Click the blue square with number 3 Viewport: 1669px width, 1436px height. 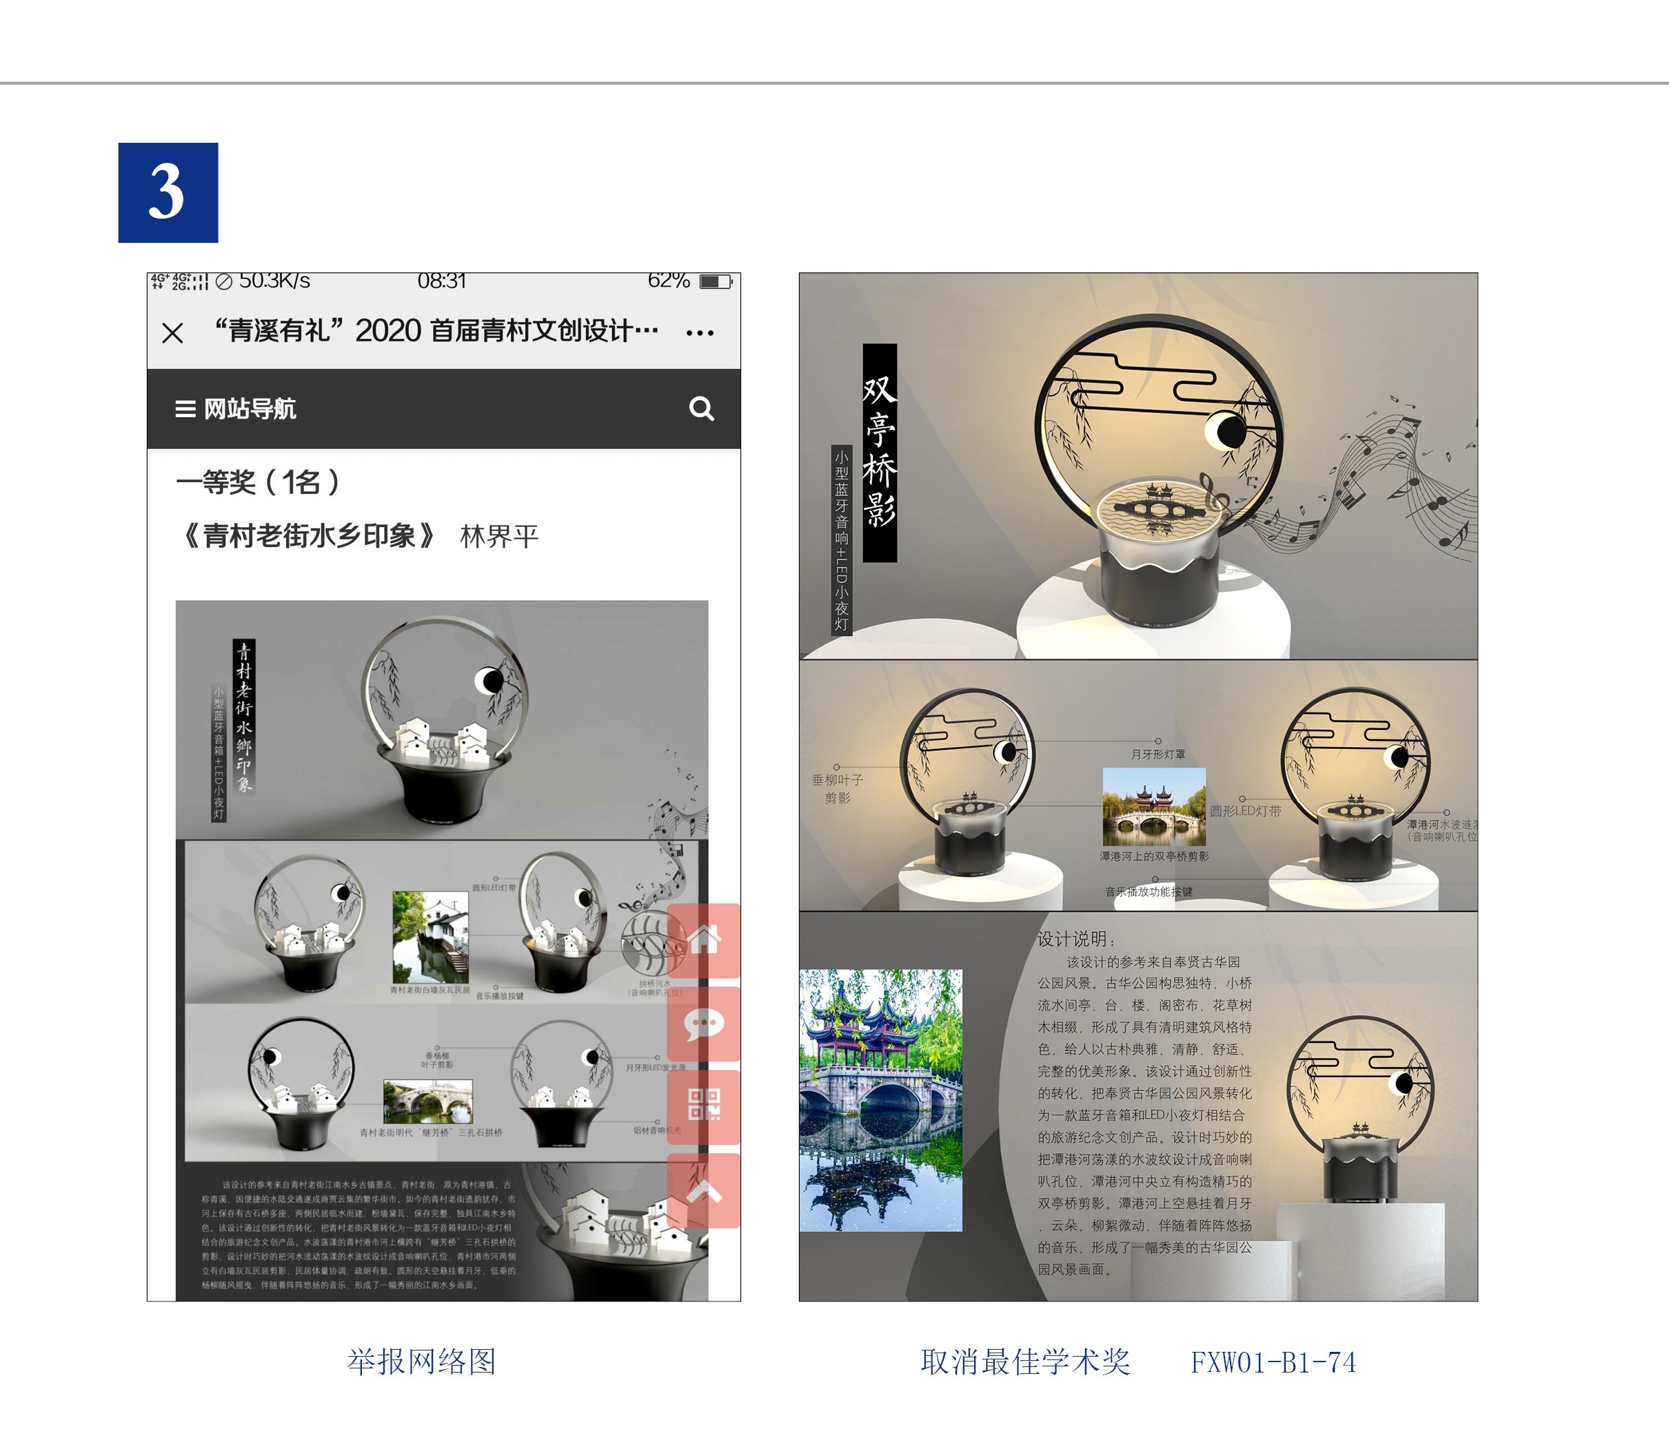(x=168, y=192)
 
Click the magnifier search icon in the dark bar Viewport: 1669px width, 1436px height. (x=701, y=408)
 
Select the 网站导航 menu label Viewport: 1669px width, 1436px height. (x=249, y=408)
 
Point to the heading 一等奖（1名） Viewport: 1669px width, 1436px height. (x=258, y=482)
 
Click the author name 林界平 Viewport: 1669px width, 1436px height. (x=498, y=536)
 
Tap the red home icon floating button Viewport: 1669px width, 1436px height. (x=704, y=939)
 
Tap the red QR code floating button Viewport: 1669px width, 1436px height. (x=704, y=1105)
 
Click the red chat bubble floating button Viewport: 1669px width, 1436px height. (x=704, y=1024)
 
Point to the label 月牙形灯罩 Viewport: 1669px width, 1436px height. (x=1157, y=755)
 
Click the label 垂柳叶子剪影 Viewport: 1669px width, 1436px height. (x=837, y=788)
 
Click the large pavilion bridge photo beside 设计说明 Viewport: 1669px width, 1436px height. (x=880, y=1100)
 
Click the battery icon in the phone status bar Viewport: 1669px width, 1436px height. (x=714, y=281)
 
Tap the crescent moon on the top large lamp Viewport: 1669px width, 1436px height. (x=1225, y=431)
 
